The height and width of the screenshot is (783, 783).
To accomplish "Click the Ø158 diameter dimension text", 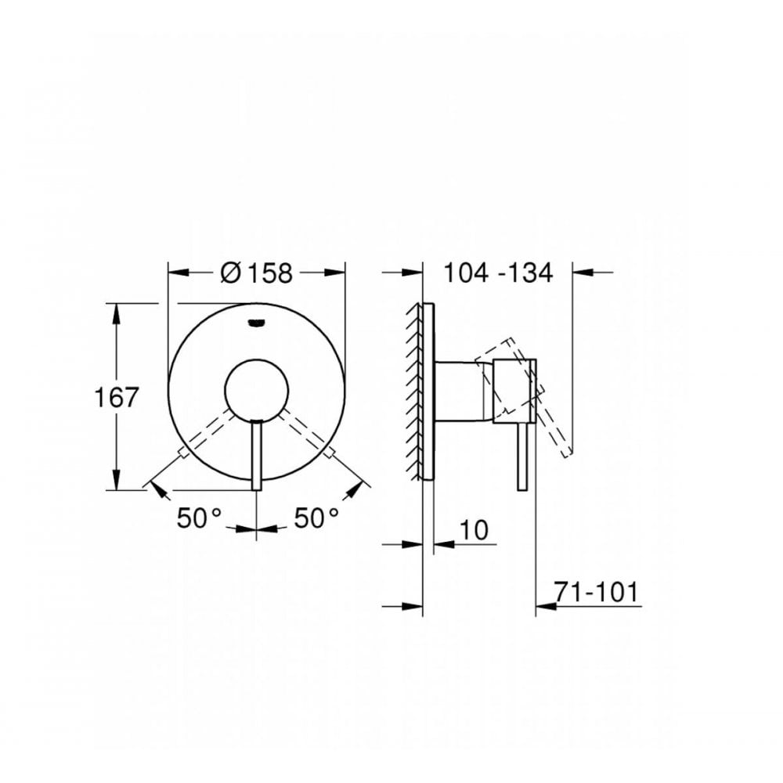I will click(257, 273).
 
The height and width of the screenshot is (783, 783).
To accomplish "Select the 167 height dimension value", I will click(118, 397).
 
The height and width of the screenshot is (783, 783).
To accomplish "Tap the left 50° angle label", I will click(199, 518).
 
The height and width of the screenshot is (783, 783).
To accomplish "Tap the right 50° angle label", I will click(316, 518).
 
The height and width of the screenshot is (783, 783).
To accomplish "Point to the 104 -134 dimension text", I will click(498, 273).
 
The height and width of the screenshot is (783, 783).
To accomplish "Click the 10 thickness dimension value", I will click(472, 529).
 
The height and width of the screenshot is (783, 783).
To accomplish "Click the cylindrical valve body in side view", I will click(462, 391).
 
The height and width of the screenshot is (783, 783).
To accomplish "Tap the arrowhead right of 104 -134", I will click(582, 272).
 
